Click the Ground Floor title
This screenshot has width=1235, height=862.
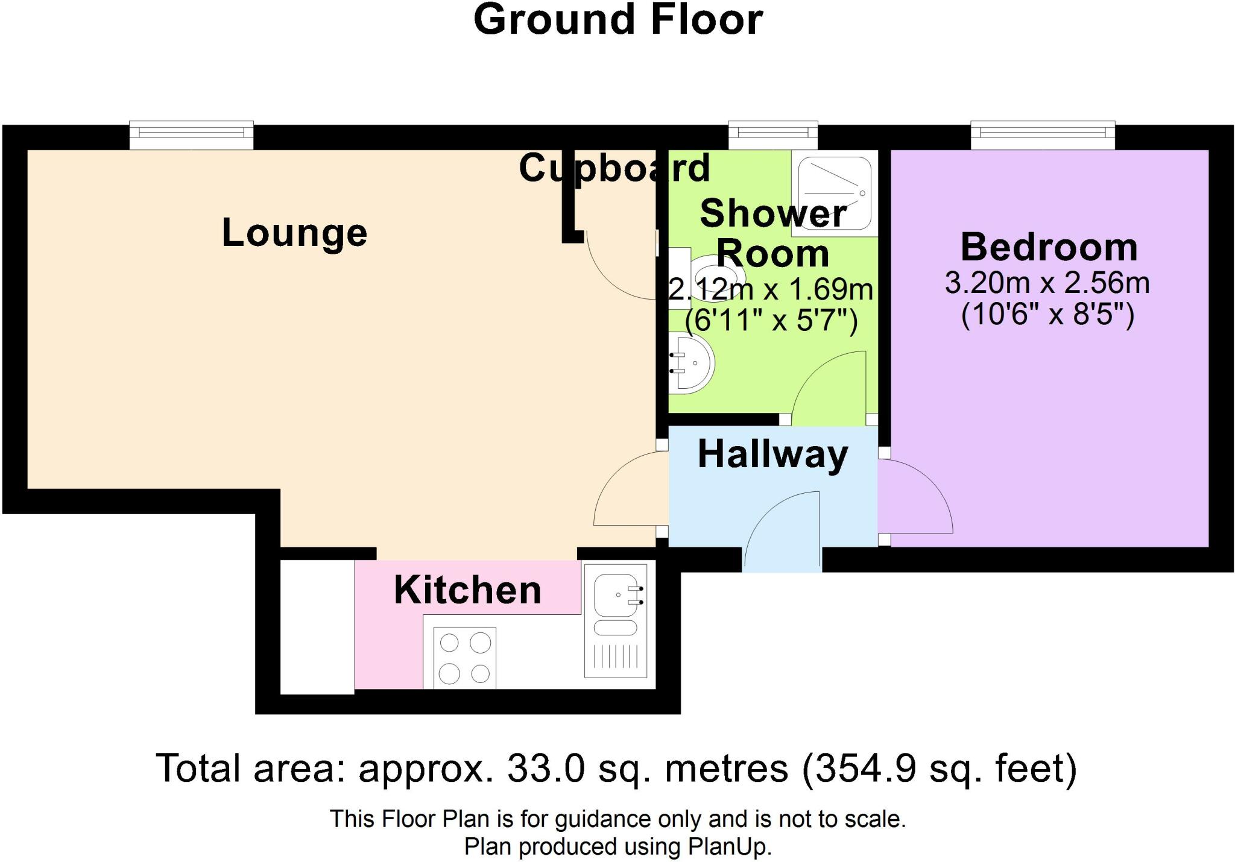point(618,20)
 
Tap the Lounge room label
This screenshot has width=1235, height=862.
point(294,233)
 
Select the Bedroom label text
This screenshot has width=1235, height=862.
point(1049,247)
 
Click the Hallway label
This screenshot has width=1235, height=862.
point(772,455)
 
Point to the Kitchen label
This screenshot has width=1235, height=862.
point(467,590)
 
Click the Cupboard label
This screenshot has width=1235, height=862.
point(614,168)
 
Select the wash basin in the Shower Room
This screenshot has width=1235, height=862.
point(693,363)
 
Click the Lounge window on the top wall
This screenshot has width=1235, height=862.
point(191,136)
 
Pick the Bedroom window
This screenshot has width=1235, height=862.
point(1042,136)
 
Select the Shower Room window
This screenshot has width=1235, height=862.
point(772,136)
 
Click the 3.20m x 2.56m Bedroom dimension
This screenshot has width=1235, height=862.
point(1047,283)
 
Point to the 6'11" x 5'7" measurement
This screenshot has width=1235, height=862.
point(771,321)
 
